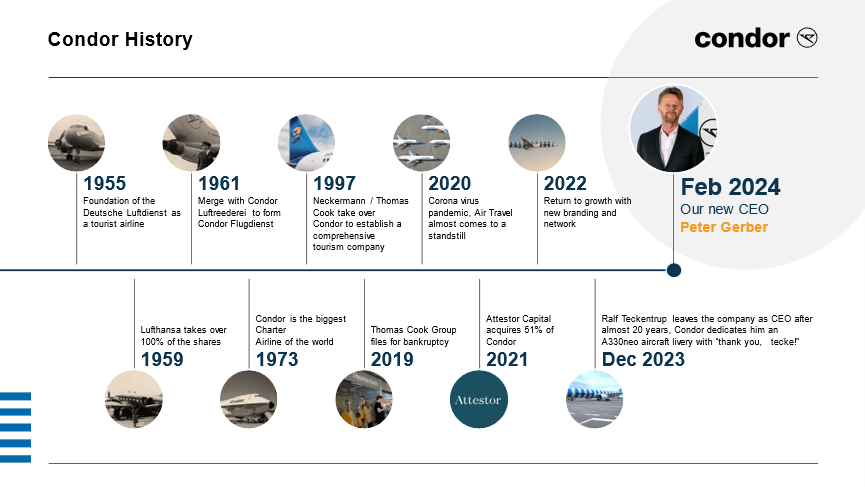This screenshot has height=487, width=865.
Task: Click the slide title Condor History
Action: coord(120,39)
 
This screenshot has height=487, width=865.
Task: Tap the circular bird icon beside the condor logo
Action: coord(807,38)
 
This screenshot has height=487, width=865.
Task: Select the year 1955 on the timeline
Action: coord(104,183)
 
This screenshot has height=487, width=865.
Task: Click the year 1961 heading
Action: coord(219,183)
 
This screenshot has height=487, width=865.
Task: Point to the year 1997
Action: coord(334,183)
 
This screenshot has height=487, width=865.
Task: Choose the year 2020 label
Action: coord(450,183)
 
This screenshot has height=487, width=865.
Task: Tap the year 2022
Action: coord(565,183)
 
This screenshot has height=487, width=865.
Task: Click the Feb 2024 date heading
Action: coord(730,187)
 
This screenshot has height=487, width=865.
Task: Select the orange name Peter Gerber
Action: coord(724,227)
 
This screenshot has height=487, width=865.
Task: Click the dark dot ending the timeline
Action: coord(674,270)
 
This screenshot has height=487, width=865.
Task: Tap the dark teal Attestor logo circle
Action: coord(479,399)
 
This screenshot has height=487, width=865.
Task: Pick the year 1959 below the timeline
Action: coord(162,359)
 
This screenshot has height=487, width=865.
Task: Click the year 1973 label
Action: coord(277,359)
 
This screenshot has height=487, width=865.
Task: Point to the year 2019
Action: coord(392,359)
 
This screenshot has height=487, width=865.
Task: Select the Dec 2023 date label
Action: coord(643,359)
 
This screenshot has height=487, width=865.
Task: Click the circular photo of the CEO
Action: coord(674,129)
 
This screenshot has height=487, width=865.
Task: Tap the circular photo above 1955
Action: coord(76,143)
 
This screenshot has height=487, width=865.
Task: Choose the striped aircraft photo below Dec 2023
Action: coord(594,399)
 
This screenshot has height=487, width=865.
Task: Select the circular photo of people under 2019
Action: coord(364,399)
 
